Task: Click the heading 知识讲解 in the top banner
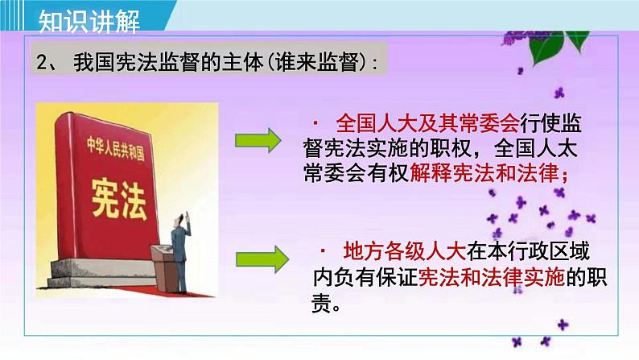tap(89, 21)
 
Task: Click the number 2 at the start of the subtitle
tap(43, 62)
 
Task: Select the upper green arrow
tap(258, 141)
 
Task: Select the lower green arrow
tap(262, 259)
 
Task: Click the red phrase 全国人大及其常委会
tap(427, 123)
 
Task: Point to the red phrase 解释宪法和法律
tap(484, 173)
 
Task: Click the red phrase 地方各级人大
tap(405, 251)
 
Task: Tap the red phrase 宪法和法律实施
tap(492, 277)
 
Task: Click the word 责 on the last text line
tap(321, 304)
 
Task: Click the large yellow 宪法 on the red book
tap(119, 199)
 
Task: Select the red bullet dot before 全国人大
tap(315, 122)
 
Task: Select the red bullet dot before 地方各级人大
tap(323, 250)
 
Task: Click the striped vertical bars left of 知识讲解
tap(11, 15)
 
